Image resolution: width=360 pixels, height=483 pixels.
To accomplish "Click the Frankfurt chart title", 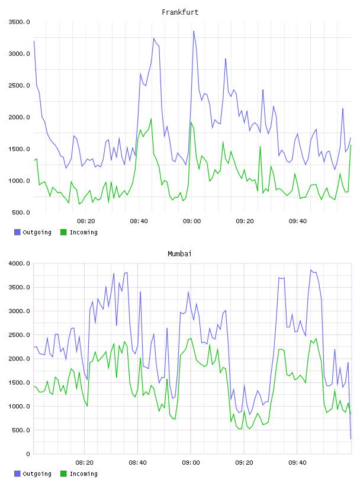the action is (x=180, y=12).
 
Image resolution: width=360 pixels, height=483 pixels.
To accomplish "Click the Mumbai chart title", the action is (x=179, y=254).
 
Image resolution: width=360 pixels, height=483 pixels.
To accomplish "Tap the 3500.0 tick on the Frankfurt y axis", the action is (x=19, y=22).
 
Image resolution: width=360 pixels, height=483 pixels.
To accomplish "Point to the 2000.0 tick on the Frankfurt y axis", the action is (x=19, y=117).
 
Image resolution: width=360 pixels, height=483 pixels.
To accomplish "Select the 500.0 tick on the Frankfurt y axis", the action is (x=21, y=212).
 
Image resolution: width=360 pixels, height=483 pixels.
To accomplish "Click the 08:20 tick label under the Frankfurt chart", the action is (x=86, y=221).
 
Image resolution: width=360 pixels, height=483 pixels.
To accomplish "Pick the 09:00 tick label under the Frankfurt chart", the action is (x=192, y=221).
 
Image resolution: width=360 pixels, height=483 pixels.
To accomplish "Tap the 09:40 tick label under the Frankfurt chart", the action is (x=298, y=221).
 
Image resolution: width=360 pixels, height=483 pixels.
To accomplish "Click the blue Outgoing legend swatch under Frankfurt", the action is (x=17, y=232).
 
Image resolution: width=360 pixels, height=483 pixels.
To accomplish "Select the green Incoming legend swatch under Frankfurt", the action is (x=63, y=232).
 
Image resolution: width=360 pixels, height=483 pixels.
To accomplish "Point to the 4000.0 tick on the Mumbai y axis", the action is (x=19, y=263).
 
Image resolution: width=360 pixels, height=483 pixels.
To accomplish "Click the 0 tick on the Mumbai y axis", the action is (x=28, y=454).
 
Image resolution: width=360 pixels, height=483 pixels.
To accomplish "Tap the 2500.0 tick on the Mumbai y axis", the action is (x=19, y=335).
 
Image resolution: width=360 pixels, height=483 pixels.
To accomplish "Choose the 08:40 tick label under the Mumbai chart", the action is (x=138, y=463).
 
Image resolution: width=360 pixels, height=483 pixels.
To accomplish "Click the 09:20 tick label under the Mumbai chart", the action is (x=244, y=463).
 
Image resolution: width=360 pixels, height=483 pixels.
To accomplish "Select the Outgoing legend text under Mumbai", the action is (x=37, y=474).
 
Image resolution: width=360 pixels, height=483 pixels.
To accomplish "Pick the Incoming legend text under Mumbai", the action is (x=83, y=474).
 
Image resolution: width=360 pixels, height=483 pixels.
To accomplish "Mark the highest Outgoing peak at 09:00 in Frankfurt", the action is (x=194, y=31).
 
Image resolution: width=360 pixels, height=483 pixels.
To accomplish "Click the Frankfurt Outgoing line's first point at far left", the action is (x=34, y=41).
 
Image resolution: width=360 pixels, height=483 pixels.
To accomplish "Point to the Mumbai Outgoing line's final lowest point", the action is (x=351, y=439).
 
